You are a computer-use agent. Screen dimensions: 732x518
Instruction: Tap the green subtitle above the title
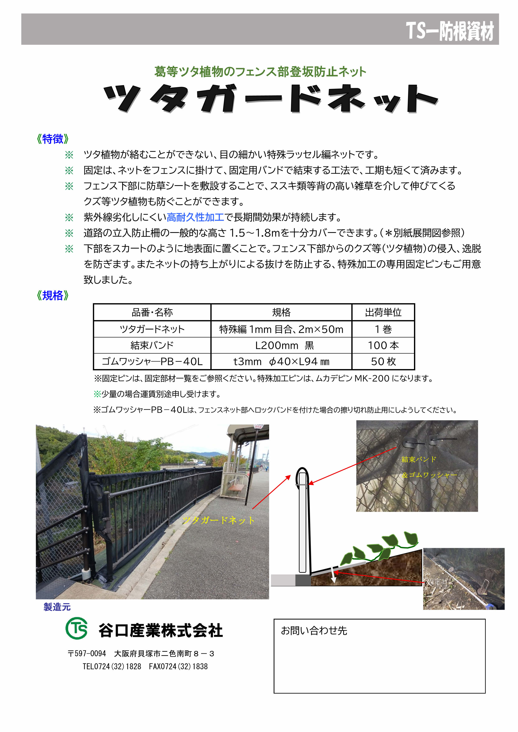pos(260,72)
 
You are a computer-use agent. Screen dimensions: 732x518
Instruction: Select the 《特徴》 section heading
pos(53,139)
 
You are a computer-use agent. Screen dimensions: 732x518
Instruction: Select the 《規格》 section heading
pos(53,296)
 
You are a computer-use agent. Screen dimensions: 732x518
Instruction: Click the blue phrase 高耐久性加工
pos(195,217)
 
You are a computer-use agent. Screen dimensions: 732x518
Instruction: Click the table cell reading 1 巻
pos(383,329)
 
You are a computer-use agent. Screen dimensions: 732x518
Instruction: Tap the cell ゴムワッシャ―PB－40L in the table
pos(152,362)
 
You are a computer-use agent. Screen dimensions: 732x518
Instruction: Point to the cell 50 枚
pos(383,362)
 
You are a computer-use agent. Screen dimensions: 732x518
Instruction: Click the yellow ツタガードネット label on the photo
pos(218,521)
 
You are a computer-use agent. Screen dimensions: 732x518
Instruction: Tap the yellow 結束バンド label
pos(419,459)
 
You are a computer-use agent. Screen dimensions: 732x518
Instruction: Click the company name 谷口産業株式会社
pos(160,631)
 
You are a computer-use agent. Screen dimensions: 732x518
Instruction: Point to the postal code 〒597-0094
pos(87,654)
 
